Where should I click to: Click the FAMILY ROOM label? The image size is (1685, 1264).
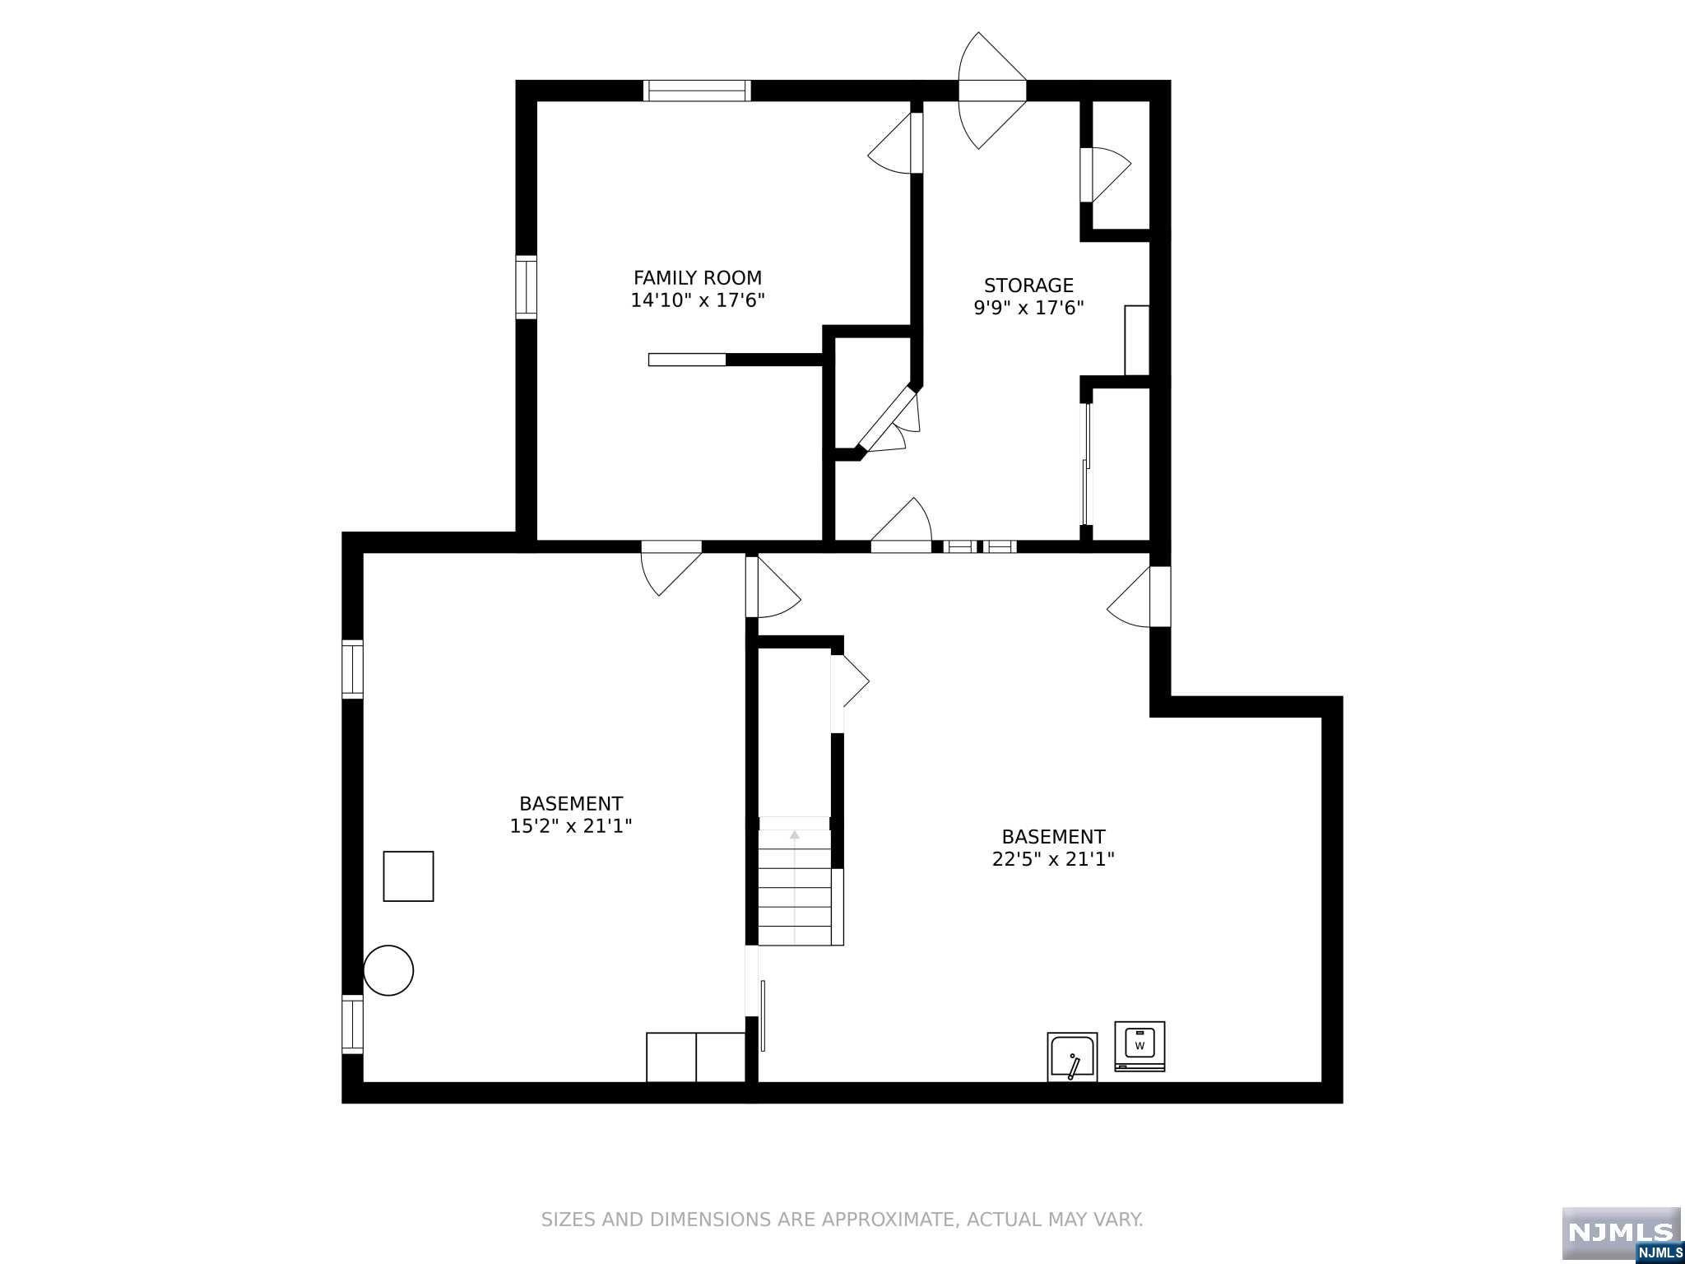(698, 278)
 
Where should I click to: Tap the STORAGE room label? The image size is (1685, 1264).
(1028, 286)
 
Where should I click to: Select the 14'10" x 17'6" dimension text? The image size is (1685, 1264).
(698, 300)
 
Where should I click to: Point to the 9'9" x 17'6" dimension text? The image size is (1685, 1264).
(1028, 308)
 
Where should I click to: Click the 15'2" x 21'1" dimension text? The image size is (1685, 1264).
(571, 825)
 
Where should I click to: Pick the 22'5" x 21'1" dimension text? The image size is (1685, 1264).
(1053, 859)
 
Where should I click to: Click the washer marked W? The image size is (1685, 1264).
(1140, 1046)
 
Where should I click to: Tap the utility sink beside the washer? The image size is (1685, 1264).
(1072, 1057)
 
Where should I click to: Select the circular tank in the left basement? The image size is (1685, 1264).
(388, 970)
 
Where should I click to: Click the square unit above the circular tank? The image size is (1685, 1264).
(408, 876)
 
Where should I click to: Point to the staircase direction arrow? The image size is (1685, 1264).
(795, 834)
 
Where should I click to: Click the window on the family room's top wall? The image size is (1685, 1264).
(697, 91)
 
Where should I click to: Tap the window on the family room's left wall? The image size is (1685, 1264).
(527, 287)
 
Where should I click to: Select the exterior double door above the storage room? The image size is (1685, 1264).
(993, 91)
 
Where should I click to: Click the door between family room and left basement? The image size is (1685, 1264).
(671, 568)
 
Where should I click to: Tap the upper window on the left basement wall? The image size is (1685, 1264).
(352, 669)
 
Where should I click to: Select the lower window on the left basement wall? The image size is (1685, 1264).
(352, 1024)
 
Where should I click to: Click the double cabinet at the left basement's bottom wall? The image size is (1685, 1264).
(696, 1057)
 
